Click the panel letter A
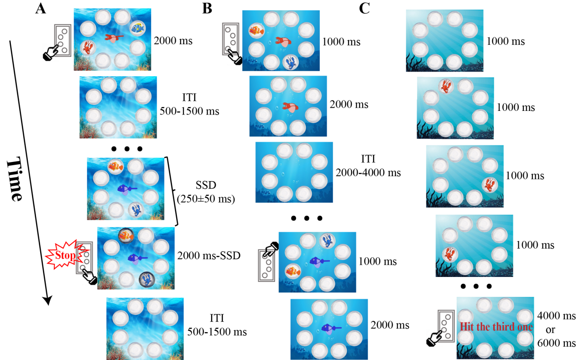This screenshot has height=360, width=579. pos(42,9)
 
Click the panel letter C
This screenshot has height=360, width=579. pos(364,9)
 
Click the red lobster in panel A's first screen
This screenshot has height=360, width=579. pos(88,47)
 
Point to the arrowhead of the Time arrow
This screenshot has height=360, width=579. pos(47,301)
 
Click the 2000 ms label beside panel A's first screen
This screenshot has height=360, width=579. pos(173,41)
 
